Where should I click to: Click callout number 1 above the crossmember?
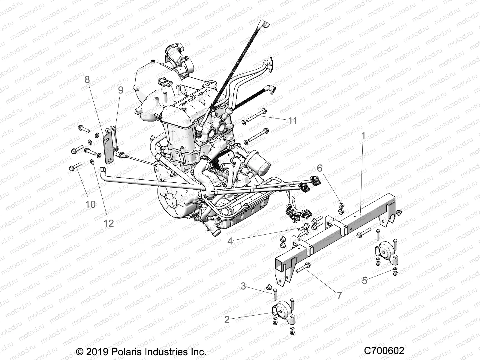[363, 136]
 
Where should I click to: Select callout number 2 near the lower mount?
[227, 319]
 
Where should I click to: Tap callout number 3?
[243, 286]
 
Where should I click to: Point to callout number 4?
[230, 241]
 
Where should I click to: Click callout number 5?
[364, 280]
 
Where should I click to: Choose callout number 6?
[319, 168]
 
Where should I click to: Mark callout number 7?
[339, 295]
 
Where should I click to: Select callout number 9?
[121, 90]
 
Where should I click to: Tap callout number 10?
[90, 204]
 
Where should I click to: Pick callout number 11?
[292, 121]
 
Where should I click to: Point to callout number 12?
[109, 223]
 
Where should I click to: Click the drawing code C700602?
[384, 351]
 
